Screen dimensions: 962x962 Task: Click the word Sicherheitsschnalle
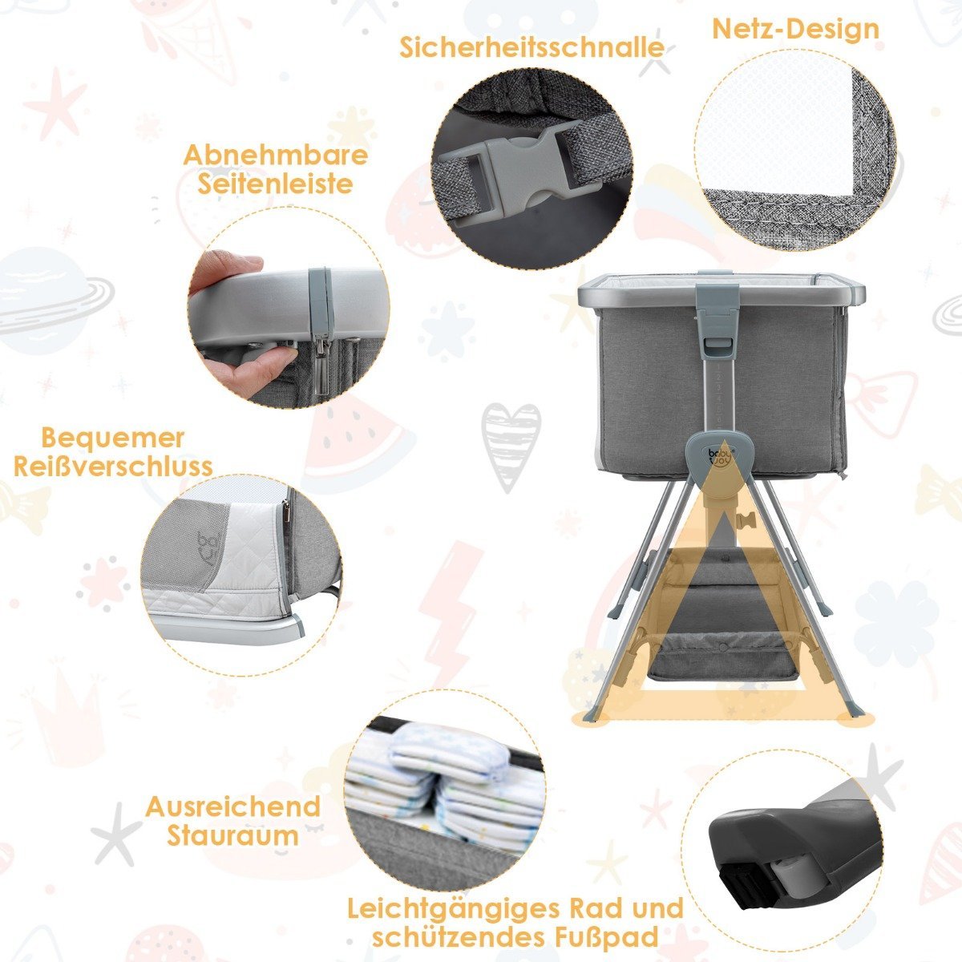click(532, 48)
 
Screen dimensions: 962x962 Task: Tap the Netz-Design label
click(795, 29)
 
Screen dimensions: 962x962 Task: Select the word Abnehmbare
click(276, 156)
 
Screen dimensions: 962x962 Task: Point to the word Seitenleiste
click(276, 184)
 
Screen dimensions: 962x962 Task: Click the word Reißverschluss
click(113, 467)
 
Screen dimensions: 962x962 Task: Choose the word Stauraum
click(232, 835)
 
